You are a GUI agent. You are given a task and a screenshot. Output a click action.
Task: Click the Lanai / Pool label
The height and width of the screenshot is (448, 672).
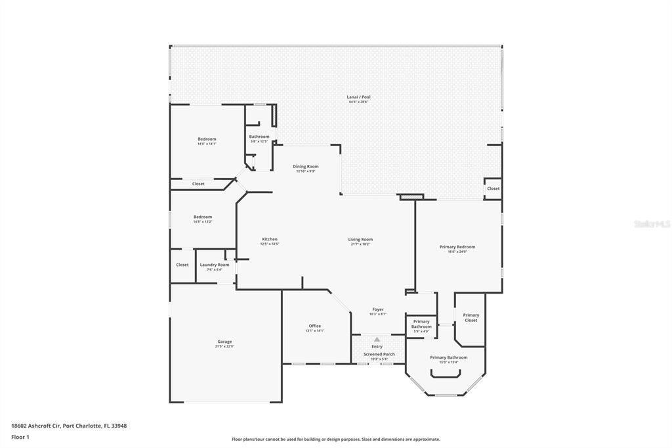coord(358,97)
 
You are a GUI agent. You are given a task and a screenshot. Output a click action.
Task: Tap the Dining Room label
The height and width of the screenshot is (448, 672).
coord(305,167)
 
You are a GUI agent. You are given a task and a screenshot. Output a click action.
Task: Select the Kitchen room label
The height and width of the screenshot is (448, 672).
coord(269,239)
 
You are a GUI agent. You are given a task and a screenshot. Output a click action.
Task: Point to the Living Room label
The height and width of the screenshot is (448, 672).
coord(360,240)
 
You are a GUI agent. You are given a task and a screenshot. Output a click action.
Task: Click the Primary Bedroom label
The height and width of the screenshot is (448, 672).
coord(457,247)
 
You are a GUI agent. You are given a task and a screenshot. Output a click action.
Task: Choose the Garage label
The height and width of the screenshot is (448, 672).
coord(224,342)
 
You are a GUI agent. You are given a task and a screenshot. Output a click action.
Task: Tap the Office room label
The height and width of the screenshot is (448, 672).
coord(315,326)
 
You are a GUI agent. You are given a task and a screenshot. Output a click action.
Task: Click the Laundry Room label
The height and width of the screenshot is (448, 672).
coord(215,265)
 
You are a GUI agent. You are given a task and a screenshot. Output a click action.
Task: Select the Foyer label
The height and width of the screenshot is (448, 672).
coord(378,309)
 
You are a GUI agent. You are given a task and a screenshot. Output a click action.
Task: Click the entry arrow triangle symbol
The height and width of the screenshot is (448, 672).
coord(377,340)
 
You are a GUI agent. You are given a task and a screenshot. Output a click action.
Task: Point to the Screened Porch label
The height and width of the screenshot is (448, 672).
coord(379,354)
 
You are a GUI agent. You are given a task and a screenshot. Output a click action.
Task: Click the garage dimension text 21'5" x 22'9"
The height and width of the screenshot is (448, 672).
coord(224,347)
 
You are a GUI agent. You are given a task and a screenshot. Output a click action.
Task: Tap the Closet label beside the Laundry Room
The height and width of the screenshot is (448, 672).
coord(182,265)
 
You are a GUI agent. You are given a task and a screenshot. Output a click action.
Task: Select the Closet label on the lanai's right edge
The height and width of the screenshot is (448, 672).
coord(493,189)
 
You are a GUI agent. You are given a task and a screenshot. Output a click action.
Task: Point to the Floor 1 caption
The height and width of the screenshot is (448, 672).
coord(20,437)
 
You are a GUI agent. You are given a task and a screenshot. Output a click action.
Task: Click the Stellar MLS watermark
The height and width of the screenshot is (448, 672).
coord(652,224)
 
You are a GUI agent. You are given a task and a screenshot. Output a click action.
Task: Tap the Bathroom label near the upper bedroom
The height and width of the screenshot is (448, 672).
coord(259,137)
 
